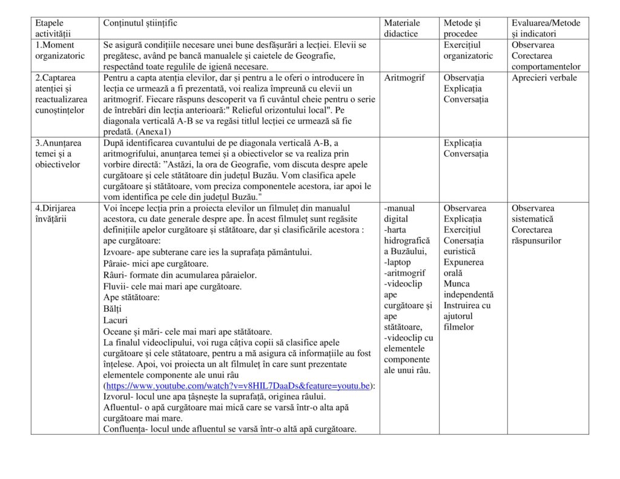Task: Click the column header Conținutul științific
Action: [x=140, y=23]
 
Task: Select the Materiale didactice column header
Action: [x=402, y=28]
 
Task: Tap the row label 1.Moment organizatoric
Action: [x=60, y=50]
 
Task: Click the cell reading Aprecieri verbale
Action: [x=544, y=78]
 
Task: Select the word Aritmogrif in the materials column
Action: [x=404, y=78]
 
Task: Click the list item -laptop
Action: [x=397, y=262]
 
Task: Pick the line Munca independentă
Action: [x=468, y=289]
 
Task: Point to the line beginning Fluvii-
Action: [x=173, y=286]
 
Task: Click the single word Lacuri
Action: [x=116, y=320]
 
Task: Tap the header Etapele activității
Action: [x=53, y=28]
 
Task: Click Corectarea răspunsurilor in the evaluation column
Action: [x=536, y=235]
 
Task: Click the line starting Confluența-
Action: [x=229, y=429]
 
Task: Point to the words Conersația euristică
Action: [x=464, y=246]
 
